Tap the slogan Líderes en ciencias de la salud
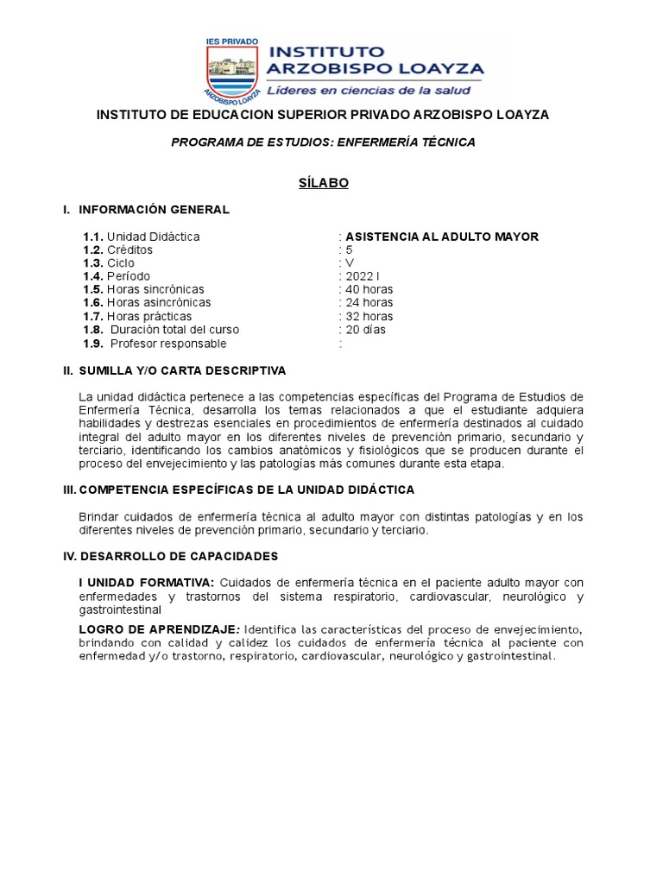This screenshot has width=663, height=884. pyautogui.click(x=368, y=90)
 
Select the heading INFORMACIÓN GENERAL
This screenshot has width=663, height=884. pyautogui.click(x=154, y=210)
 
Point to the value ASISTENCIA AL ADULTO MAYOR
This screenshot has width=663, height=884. pyautogui.click(x=442, y=237)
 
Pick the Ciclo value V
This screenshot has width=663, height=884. pyautogui.click(x=349, y=263)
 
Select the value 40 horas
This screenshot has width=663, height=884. pyautogui.click(x=369, y=289)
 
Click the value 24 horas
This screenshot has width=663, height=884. pyautogui.click(x=369, y=303)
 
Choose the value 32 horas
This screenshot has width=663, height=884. pyautogui.click(x=369, y=317)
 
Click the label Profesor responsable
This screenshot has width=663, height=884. pyautogui.click(x=168, y=344)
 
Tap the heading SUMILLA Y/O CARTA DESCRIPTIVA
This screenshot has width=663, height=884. pyautogui.click(x=182, y=370)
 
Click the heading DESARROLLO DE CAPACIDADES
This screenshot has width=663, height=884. pyautogui.click(x=179, y=556)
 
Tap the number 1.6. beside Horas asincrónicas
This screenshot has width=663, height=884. pyautogui.click(x=93, y=303)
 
